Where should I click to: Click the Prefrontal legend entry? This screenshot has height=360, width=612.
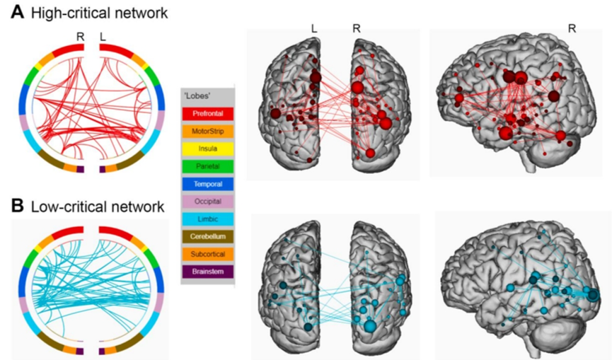pyautogui.click(x=208, y=113)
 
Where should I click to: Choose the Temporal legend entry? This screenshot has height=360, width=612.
pyautogui.click(x=208, y=183)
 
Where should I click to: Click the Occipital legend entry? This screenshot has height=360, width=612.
pyautogui.click(x=208, y=201)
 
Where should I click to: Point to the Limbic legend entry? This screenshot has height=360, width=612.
pyautogui.click(x=208, y=218)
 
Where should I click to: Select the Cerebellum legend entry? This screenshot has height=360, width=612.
pyautogui.click(x=208, y=236)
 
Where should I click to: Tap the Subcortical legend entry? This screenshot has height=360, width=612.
pyautogui.click(x=208, y=253)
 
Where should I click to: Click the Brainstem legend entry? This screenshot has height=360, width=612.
pyautogui.click(x=208, y=270)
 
